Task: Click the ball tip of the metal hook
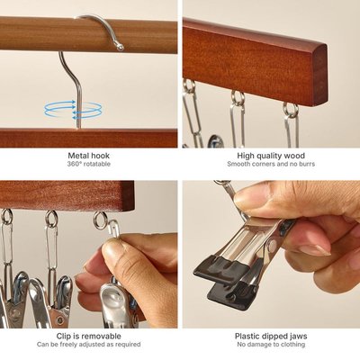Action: pyautogui.click(x=121, y=48)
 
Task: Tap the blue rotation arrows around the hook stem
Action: pyautogui.click(x=73, y=109)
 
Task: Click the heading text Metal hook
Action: pyautogui.click(x=89, y=156)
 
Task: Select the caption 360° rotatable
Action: pyautogui.click(x=89, y=164)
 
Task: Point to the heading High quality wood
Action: pyautogui.click(x=271, y=156)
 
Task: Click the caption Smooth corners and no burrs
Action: pyautogui.click(x=271, y=164)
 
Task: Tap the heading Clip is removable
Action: pyautogui.click(x=89, y=336)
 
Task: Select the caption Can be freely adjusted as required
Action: pyautogui.click(x=89, y=345)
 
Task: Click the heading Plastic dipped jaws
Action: pyautogui.click(x=271, y=336)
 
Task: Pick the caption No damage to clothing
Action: pyautogui.click(x=271, y=345)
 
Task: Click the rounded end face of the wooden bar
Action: pyautogui.click(x=320, y=75)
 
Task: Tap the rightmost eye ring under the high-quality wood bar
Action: pyautogui.click(x=291, y=110)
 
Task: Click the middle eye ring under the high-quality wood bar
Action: pyautogui.click(x=238, y=98)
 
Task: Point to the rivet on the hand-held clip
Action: pyautogui.click(x=273, y=246)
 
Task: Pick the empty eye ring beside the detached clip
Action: pyautogui.click(x=100, y=220)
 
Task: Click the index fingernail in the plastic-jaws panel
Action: pyautogui.click(x=314, y=250)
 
